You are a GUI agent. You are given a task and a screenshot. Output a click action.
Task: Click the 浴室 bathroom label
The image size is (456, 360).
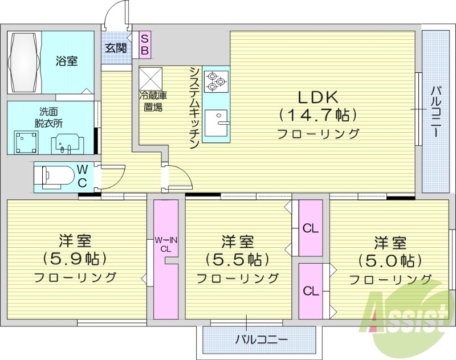[x=67, y=61]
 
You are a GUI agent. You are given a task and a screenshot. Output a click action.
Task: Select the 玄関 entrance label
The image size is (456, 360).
[x=115, y=48]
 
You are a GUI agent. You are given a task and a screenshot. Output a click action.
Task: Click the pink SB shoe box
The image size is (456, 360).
[x=145, y=45]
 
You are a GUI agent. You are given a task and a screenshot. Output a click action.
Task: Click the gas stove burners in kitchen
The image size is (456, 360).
[x=217, y=81]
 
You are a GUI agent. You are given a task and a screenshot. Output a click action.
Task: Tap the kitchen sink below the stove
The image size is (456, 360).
[x=217, y=121]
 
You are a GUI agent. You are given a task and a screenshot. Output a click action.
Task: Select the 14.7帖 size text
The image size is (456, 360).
[x=317, y=114]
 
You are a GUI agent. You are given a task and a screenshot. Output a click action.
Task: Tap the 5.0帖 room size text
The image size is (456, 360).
[x=390, y=261]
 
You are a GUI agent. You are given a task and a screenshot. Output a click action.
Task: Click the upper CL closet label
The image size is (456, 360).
[x=311, y=229]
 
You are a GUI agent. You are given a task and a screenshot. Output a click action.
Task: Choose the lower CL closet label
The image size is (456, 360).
[x=311, y=291]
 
